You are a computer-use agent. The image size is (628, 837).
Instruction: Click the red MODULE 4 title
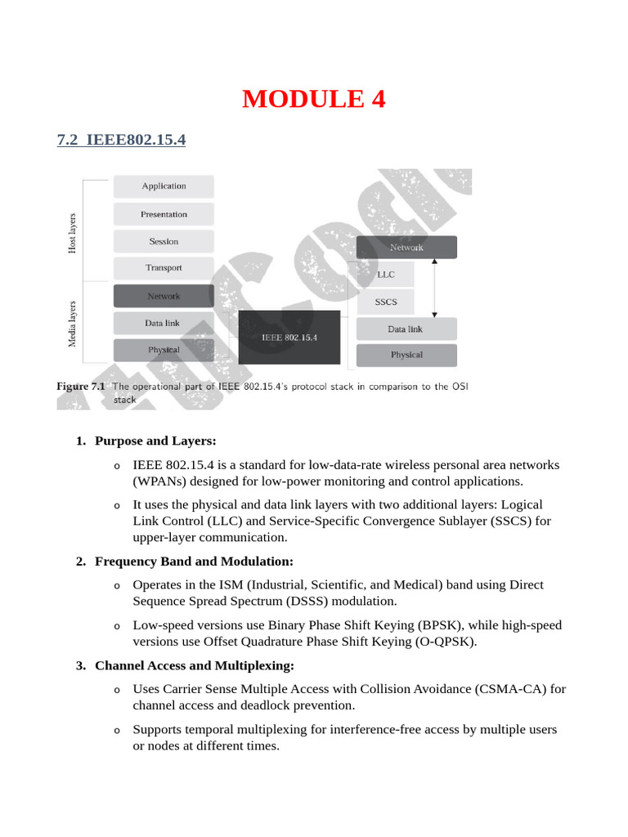click(x=313, y=99)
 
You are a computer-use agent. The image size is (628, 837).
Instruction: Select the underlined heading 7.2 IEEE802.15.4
click(x=121, y=140)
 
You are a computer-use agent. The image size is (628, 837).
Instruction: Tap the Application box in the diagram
click(x=164, y=186)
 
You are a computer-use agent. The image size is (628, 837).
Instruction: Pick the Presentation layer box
click(x=164, y=214)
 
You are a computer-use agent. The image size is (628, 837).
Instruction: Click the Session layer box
click(x=164, y=241)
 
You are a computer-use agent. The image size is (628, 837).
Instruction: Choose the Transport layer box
click(x=164, y=268)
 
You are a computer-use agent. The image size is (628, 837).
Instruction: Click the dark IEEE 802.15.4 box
click(x=289, y=337)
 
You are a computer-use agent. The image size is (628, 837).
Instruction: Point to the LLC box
click(x=385, y=275)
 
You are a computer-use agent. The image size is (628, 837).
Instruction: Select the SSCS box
click(x=385, y=302)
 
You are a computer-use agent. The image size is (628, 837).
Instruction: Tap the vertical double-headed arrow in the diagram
click(x=434, y=288)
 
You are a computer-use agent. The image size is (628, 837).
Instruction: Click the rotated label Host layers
click(x=72, y=232)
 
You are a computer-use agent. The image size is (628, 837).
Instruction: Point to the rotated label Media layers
click(x=72, y=324)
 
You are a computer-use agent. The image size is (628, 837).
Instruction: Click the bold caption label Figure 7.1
click(x=81, y=387)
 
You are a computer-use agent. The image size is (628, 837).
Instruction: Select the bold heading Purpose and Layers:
click(x=155, y=441)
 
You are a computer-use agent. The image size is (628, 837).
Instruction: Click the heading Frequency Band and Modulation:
click(x=194, y=561)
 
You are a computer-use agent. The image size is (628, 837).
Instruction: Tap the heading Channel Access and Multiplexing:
click(x=195, y=665)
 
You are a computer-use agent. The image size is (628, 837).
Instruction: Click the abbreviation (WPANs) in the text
click(x=160, y=481)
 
